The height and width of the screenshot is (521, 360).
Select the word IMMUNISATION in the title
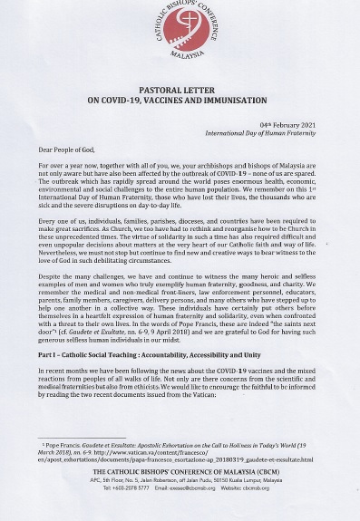245,102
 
